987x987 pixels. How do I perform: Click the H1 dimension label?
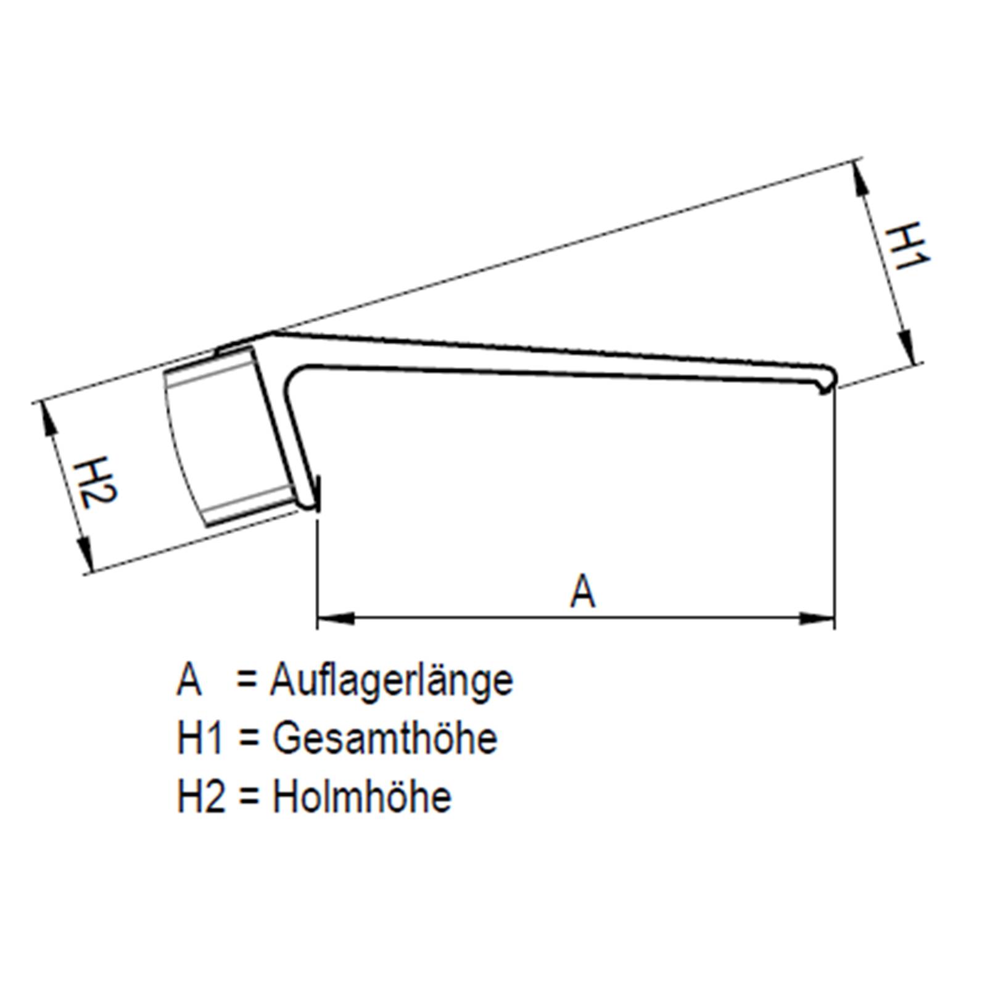906,247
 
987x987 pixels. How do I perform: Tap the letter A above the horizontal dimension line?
582,590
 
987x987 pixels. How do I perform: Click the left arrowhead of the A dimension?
336,617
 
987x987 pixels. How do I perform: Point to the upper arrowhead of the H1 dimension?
861,180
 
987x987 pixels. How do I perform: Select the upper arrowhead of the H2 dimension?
47,419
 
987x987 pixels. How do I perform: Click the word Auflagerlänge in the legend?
391,681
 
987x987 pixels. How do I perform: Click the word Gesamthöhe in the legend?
385,738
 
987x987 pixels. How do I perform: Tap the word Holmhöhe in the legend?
362,796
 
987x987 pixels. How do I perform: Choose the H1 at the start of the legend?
199,738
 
